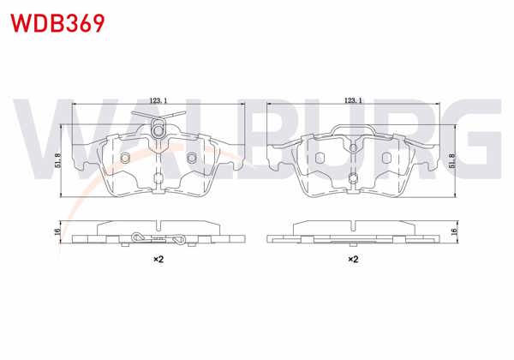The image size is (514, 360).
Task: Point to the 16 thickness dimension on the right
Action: (453, 231)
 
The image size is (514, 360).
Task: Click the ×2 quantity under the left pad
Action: (158, 258)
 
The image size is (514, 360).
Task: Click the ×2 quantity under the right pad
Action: (352, 258)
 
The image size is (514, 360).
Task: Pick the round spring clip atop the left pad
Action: (158, 129)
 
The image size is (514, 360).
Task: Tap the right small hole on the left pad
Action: (190, 158)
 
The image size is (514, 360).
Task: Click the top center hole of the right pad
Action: (352, 147)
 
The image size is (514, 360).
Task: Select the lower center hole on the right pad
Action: (352, 179)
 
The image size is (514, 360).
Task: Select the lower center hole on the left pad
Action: (158, 179)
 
